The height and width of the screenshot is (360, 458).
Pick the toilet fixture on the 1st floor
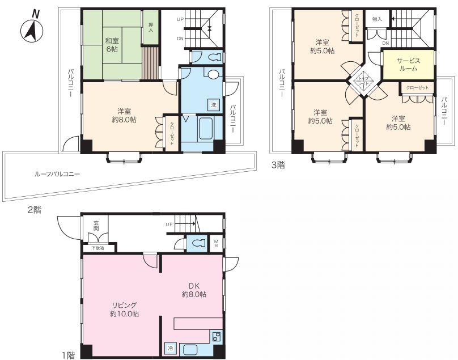coord(197,243)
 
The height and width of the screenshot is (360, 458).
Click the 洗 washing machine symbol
coord(214,105)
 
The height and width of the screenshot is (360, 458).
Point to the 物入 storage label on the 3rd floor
coord(377,19)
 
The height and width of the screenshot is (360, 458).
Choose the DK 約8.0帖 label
coord(194,290)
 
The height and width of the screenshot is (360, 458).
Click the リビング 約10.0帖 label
coord(125,309)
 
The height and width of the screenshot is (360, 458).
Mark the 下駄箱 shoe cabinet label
coord(98,248)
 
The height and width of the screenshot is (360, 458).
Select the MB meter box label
coord(217,243)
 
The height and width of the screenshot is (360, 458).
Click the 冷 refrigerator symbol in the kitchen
coord(170,349)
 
